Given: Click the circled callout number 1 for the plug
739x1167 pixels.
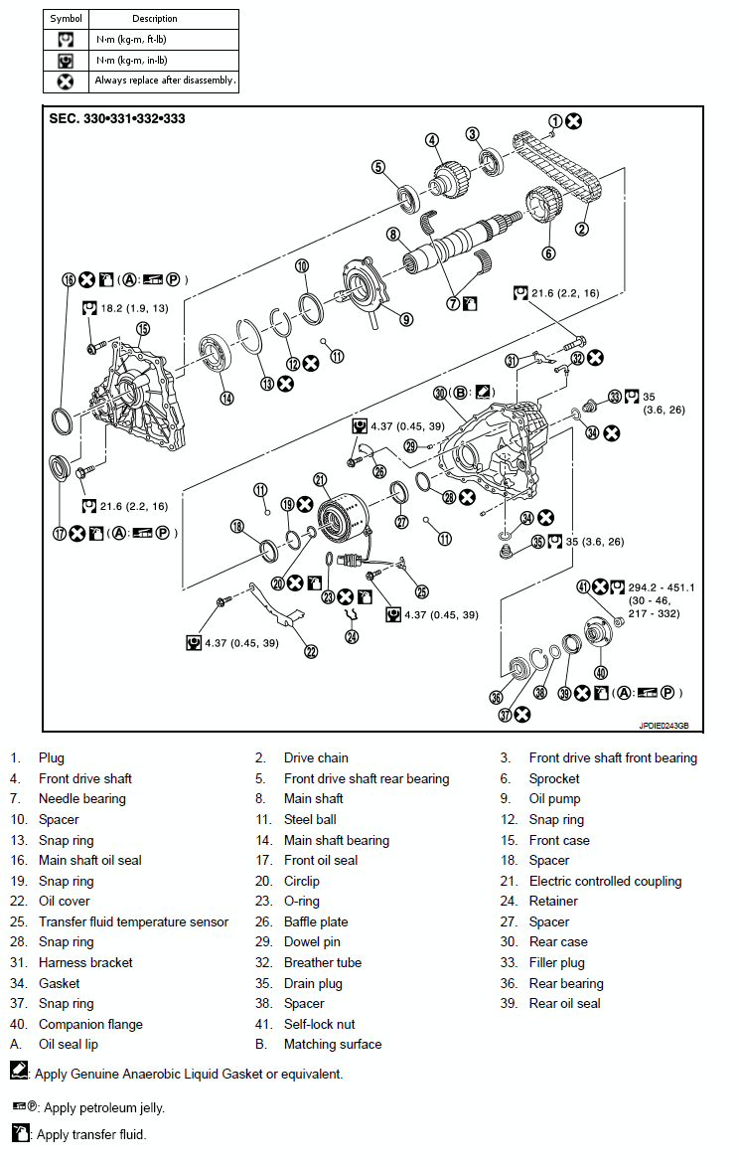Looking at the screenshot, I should pos(555,121).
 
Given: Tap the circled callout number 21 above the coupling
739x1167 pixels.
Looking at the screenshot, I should pos(320,480).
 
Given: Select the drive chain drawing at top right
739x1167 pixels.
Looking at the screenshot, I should pos(556,169).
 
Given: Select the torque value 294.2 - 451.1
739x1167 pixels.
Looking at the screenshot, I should pos(660,586).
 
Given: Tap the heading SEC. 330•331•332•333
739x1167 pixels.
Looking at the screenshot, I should pos(117,119).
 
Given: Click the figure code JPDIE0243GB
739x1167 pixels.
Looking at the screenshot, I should pos(664,726).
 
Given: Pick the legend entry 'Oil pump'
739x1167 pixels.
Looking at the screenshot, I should pos(554,799).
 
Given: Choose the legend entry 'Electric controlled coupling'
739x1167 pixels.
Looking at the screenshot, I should pos(605,881).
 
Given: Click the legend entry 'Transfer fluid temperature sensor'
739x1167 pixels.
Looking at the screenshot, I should pos(133,921).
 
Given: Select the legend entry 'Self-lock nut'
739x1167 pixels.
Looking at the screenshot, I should pos(319,1024).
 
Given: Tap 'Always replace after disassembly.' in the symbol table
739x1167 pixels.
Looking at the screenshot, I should pos(165,81).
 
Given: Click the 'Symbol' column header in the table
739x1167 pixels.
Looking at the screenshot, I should pos(67,19).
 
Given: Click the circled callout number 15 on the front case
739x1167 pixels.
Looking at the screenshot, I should pos(143,329).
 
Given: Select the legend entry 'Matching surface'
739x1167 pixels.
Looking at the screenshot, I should pos(332,1044).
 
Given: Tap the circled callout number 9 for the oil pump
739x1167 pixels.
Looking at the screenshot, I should pos(406,319).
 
